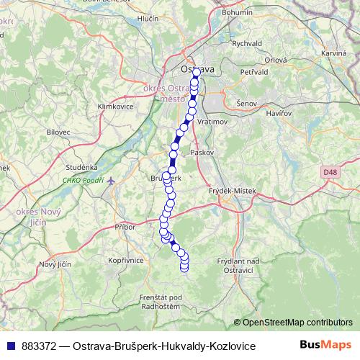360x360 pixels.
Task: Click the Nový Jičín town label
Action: pos(55,264)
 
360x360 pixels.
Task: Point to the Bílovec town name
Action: pos(58,132)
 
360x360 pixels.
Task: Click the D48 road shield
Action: pos(330,172)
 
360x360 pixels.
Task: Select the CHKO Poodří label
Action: pos(83,180)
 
